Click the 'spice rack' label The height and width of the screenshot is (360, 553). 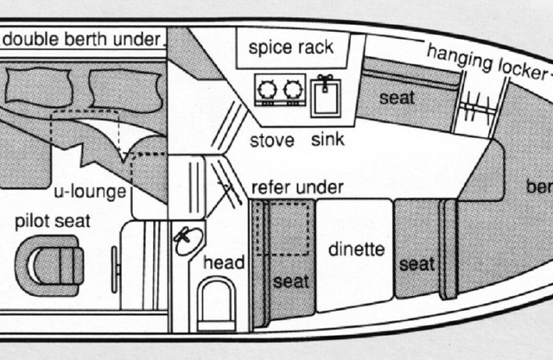291,47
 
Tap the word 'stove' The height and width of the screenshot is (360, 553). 272,140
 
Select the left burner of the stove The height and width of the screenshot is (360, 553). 267,90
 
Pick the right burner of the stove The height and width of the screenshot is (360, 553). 293,90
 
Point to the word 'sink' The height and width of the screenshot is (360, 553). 327,140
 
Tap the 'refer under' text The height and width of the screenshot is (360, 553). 296,186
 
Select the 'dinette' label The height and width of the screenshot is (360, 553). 356,250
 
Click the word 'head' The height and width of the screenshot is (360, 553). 223,262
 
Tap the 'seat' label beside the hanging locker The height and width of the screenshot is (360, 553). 397,98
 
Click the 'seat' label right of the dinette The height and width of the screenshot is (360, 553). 416,262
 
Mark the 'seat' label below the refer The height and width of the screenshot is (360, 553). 290,281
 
